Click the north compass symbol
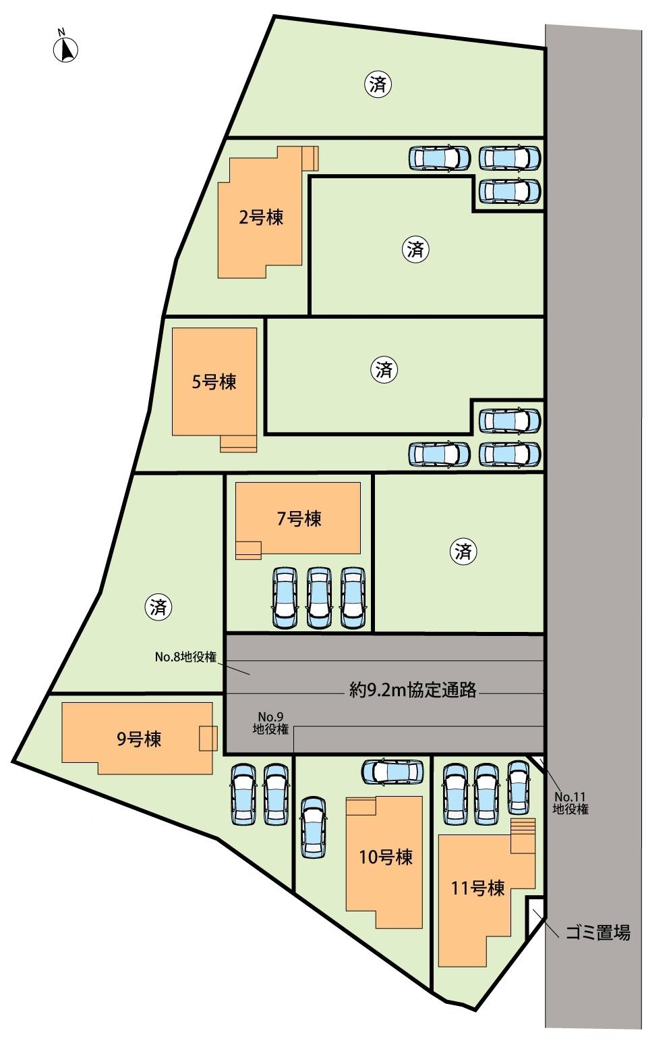coord(66,49)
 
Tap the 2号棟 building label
coord(260,218)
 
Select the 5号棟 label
coord(214,382)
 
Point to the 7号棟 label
coord(299,519)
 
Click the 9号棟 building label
coord(139,739)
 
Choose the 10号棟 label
coord(386,857)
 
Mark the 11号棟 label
coord(477,888)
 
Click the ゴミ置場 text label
coord(598,933)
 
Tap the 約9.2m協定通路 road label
coord(413,690)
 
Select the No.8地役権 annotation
coord(185,657)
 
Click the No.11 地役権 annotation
coord(571,803)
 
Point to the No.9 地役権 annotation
coord(270,723)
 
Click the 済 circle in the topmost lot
coord(378,84)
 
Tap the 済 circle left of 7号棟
coord(158,608)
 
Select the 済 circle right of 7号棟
coord(463,552)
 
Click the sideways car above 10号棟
coord(392,771)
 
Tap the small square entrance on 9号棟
coord(208,738)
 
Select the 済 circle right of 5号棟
coord(384,369)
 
